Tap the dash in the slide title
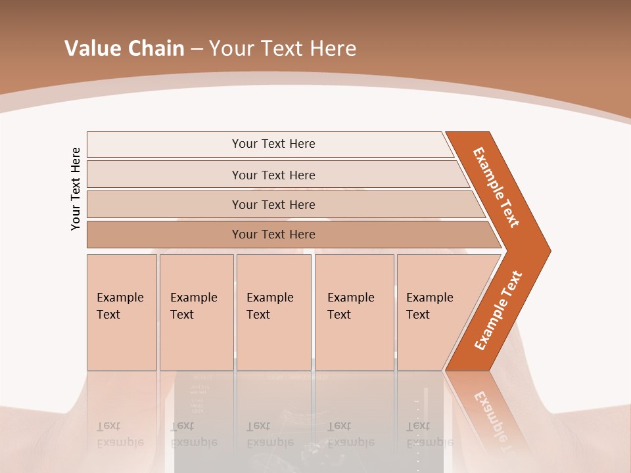click(197, 49)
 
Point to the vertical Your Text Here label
click(76, 189)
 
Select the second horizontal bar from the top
click(273, 175)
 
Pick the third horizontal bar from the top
click(273, 204)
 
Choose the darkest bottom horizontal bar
click(273, 235)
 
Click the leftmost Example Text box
click(122, 312)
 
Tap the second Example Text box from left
click(196, 312)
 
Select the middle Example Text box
click(273, 312)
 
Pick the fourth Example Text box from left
click(354, 312)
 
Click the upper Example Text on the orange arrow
click(496, 187)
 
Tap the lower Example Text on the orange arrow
click(498, 310)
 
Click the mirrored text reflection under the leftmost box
click(120, 434)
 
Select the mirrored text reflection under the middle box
click(270, 434)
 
